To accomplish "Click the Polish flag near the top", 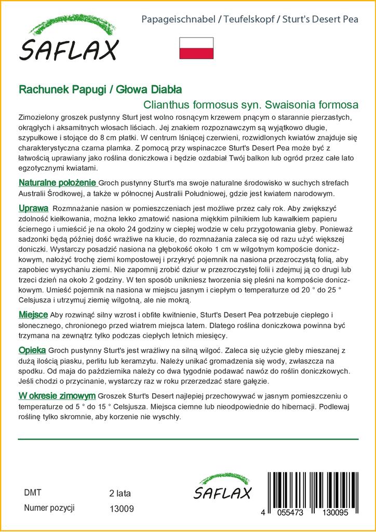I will (196, 48).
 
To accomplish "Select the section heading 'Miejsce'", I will (33, 315).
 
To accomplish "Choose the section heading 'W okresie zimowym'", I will (57, 395).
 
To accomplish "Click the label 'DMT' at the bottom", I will (33, 493).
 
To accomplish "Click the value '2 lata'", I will (120, 493).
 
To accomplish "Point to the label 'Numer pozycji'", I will (49, 508).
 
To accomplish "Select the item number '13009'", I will (122, 509).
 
